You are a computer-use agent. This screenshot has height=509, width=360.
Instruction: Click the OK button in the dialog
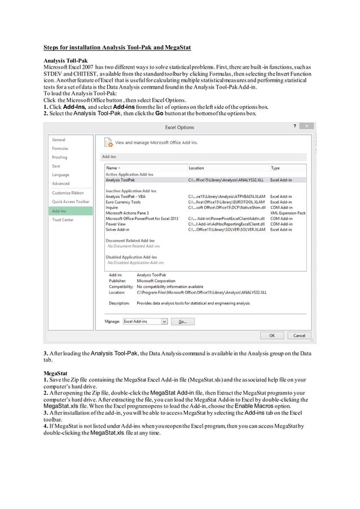point(272,335)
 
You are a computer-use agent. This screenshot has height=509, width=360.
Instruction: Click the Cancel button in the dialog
point(299,335)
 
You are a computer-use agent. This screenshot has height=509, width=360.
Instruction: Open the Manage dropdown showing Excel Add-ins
point(145,321)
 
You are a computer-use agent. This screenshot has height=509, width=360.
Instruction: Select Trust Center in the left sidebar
point(63,220)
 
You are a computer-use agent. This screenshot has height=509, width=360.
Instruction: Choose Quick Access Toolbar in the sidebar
point(71,201)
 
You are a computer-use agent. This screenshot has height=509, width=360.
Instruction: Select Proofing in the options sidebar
point(59,157)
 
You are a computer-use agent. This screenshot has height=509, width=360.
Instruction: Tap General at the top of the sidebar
point(59,139)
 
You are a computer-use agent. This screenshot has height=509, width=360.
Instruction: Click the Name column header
point(112,168)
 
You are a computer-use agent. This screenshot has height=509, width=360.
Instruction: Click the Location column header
point(196,168)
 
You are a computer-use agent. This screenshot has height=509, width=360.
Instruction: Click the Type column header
point(275,168)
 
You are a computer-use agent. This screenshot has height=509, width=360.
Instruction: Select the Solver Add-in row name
point(117,230)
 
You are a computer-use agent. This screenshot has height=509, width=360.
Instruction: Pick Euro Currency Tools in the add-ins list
point(123,201)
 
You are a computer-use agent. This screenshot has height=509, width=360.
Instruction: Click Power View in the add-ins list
point(116,224)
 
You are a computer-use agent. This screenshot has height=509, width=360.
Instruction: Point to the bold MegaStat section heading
point(55,374)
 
